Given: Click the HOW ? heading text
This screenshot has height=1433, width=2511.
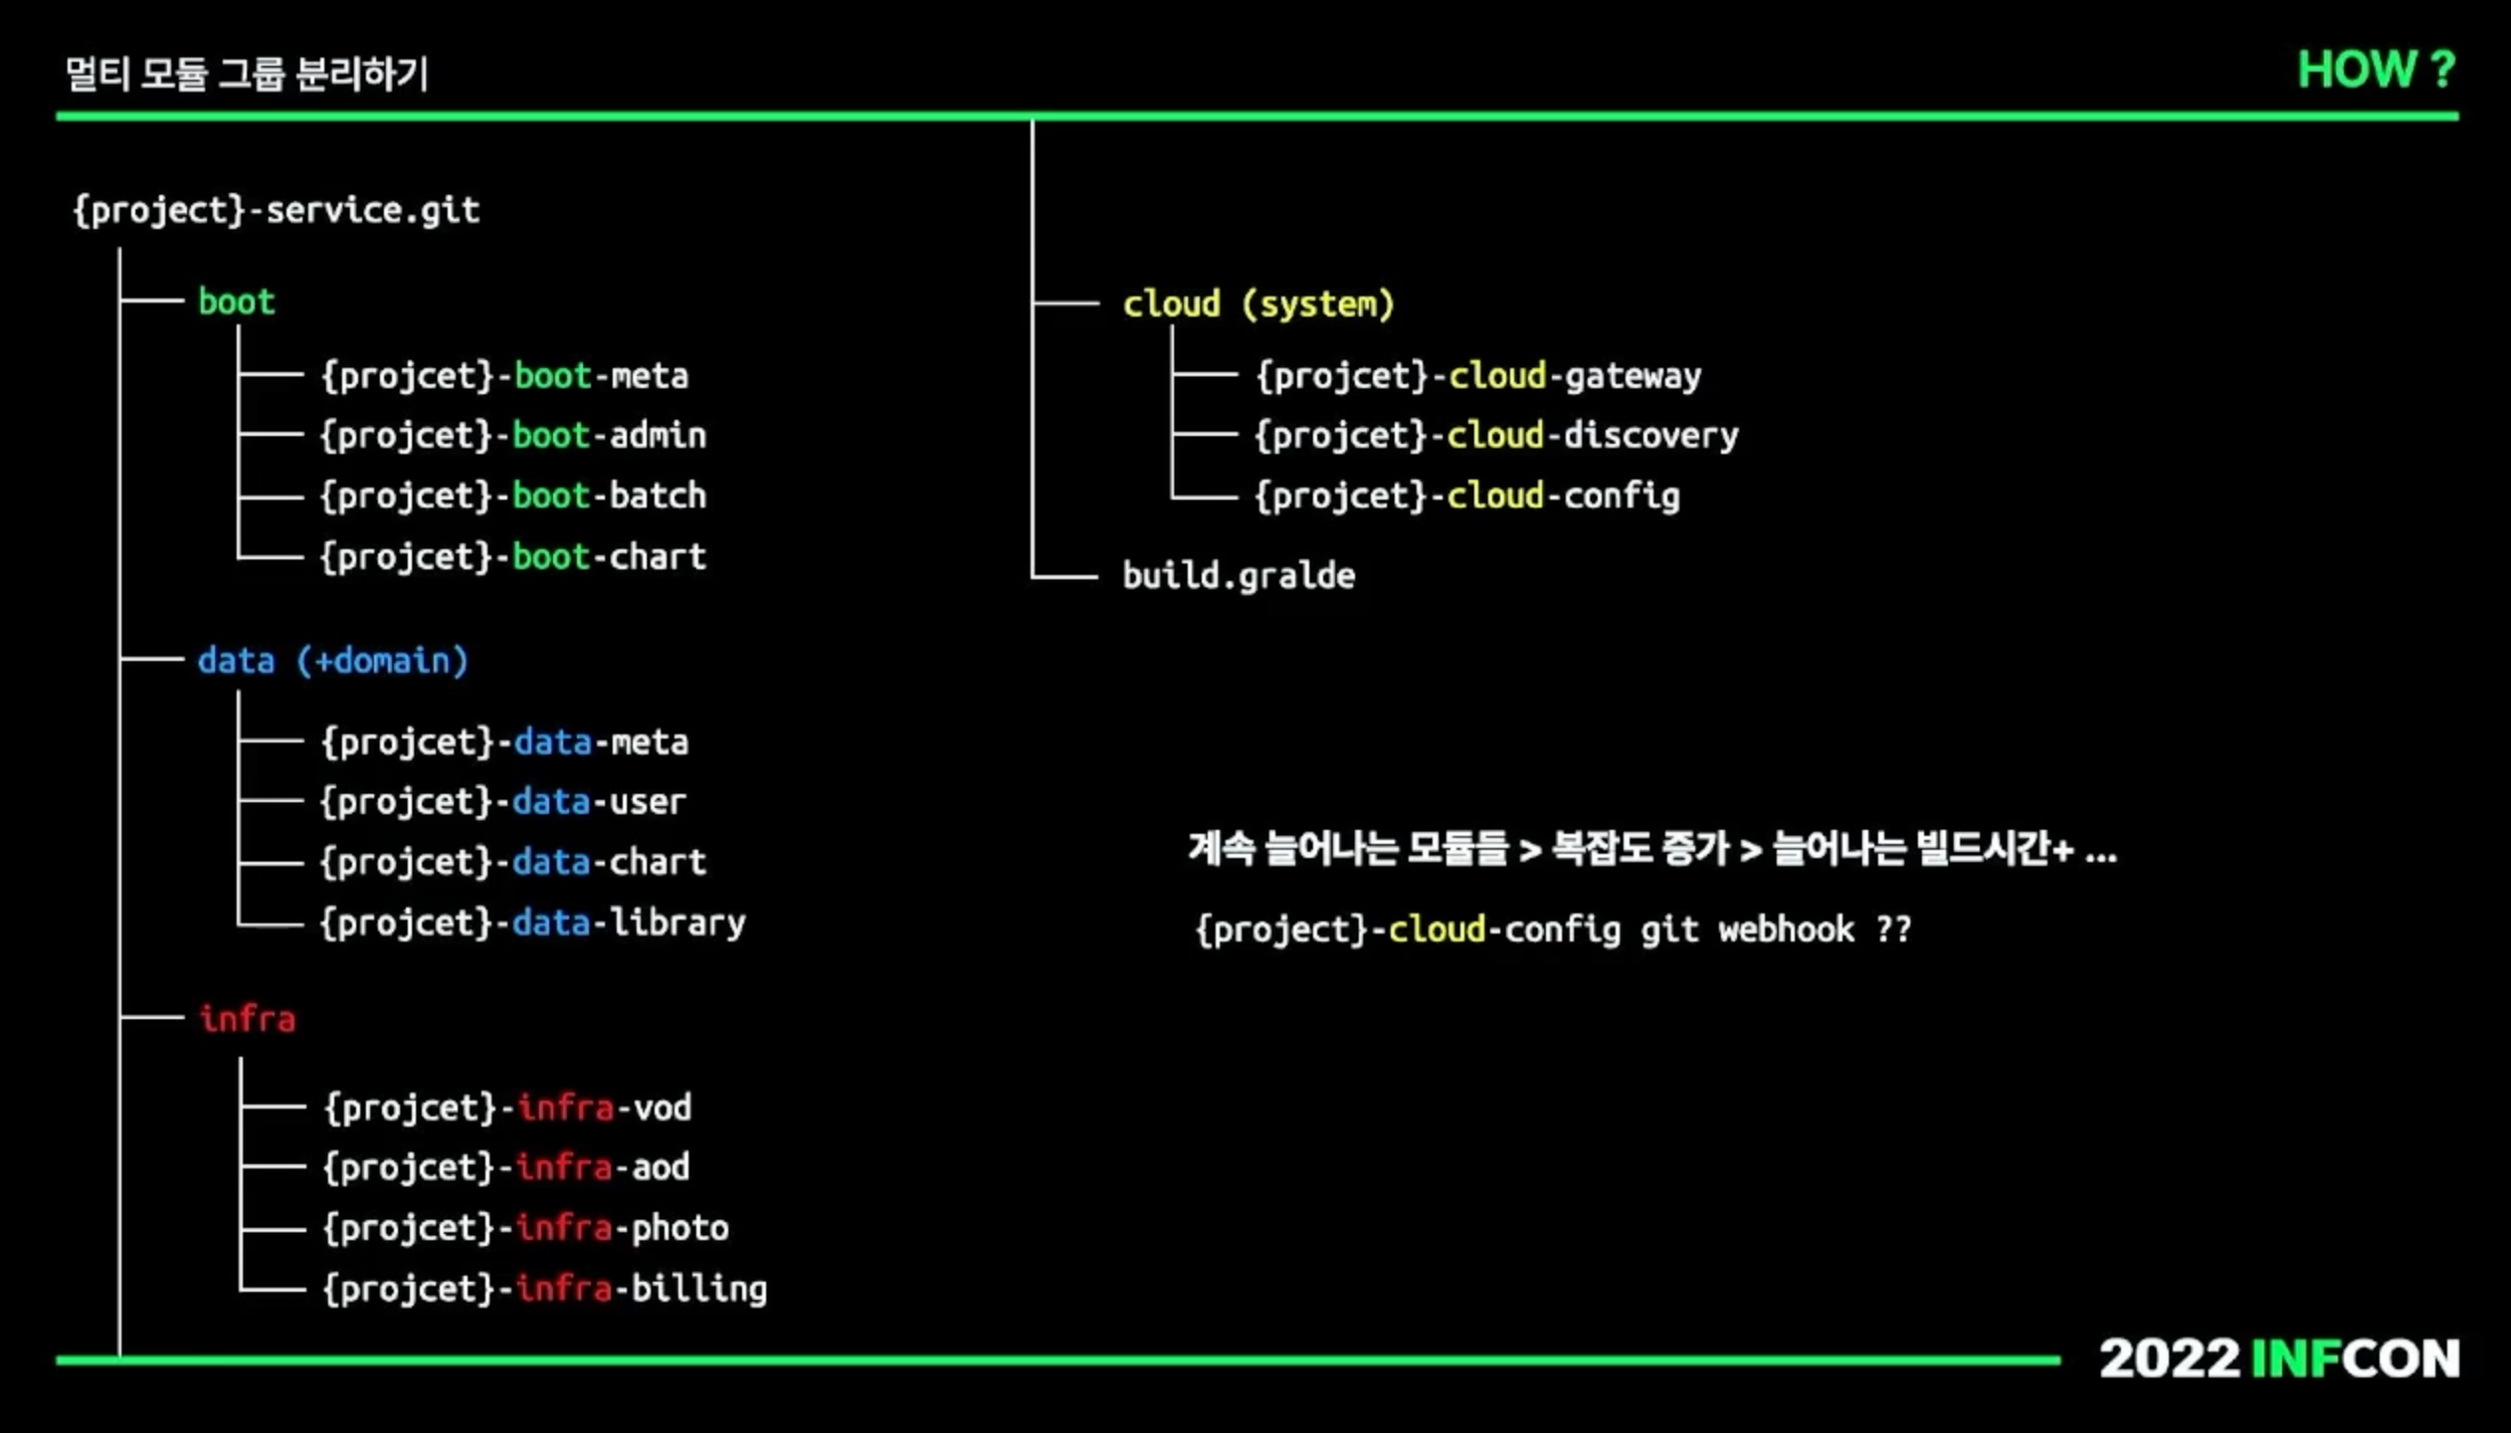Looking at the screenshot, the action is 2376,70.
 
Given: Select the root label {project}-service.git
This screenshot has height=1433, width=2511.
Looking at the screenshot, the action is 277,211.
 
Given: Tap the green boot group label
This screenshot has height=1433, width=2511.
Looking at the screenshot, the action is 236,302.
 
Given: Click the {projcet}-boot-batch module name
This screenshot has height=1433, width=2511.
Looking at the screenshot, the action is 513,497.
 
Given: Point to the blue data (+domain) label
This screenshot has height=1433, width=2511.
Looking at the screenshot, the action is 332,662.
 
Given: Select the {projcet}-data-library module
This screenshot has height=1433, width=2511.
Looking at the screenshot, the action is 533,923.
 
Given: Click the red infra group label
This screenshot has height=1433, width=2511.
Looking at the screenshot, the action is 247,1019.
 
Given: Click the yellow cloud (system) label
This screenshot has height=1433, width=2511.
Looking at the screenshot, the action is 1258,305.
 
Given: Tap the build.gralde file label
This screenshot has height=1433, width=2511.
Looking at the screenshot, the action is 1239,576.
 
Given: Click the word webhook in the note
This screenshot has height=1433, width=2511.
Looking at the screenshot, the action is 1787,929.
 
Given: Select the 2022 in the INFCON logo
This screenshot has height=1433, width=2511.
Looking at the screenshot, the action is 2169,1359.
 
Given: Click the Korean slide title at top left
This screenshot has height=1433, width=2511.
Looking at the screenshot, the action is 247,74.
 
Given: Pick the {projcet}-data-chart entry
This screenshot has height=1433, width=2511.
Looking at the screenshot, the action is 513,863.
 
